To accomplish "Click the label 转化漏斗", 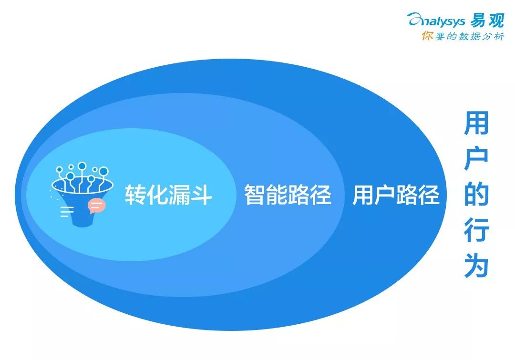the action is [x=168, y=195].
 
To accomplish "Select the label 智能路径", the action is [x=288, y=195].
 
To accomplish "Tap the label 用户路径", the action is [x=396, y=195].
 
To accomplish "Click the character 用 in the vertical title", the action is [x=476, y=123].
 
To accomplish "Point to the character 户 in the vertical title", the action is [x=476, y=159].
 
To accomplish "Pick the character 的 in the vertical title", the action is [x=476, y=194].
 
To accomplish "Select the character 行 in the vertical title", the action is [x=476, y=230].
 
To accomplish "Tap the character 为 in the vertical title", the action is [x=476, y=266].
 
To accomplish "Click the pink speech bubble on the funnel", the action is [x=96, y=206].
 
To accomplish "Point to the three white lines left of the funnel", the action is [x=67, y=212].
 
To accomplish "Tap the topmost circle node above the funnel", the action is [x=82, y=166].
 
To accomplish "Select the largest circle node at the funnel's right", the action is [x=103, y=171].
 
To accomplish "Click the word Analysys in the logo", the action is [x=436, y=21].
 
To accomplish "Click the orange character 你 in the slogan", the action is [x=427, y=36].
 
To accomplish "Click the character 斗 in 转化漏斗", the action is [x=201, y=195].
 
